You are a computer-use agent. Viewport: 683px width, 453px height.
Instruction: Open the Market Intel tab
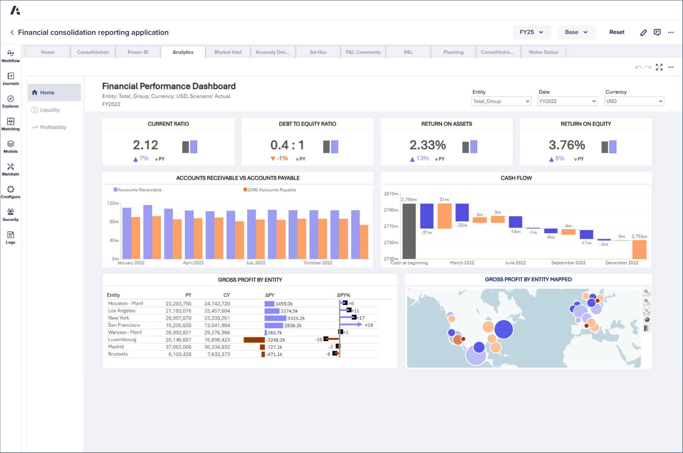pos(228,52)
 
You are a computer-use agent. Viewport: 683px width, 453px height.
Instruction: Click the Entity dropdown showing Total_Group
pos(501,101)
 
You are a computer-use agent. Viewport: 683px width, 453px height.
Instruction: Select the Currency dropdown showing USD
pos(634,101)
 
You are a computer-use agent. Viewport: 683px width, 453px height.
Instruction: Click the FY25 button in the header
pos(531,32)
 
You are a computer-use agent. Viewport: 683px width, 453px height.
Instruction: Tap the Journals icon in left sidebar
pos(11,78)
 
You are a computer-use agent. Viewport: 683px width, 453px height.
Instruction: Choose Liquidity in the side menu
pos(50,110)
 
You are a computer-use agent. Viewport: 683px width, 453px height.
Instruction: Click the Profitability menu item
pos(53,127)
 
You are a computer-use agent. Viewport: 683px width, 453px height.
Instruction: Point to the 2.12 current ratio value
pos(146,145)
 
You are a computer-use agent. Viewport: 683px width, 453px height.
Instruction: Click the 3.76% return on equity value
pos(566,145)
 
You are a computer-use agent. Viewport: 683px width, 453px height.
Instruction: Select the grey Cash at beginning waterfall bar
pos(409,231)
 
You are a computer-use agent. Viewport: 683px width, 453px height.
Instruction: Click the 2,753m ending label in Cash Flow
pos(639,236)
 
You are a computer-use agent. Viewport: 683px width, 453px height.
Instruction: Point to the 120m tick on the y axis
pos(113,203)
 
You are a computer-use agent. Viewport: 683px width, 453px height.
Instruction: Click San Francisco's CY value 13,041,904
pos(217,325)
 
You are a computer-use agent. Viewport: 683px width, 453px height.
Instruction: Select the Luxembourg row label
pos(122,339)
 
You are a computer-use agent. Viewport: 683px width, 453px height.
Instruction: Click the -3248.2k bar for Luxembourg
pos(254,340)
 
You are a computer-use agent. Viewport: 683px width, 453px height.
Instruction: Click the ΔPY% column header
pos(343,295)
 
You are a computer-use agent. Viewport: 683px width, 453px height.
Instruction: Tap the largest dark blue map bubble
pos(504,329)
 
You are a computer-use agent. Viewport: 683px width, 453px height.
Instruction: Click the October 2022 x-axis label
pos(318,263)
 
